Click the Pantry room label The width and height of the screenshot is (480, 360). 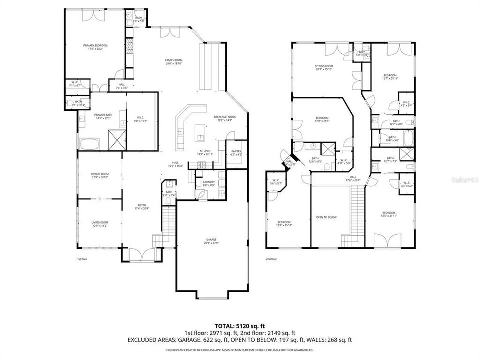(236, 153)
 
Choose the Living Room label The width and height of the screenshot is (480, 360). (100, 223)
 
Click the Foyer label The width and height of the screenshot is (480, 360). (142, 206)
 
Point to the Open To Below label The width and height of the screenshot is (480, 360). (326, 217)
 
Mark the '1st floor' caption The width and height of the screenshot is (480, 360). (82, 259)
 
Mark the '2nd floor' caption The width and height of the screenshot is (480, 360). (272, 259)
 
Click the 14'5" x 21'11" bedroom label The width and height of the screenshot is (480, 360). (389, 214)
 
